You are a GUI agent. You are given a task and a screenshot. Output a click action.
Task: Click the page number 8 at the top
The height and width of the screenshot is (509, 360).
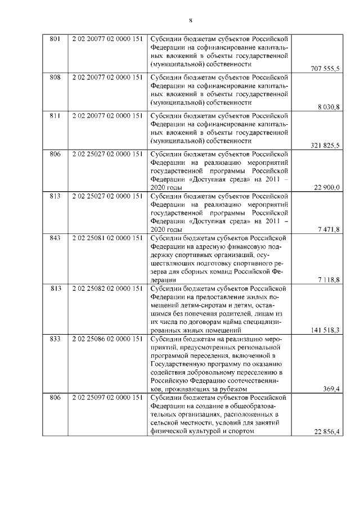pyautogui.click(x=191, y=21)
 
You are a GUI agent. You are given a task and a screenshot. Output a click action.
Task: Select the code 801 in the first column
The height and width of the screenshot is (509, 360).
pyautogui.click(x=55, y=39)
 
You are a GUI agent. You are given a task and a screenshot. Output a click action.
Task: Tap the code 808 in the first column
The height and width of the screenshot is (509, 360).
pyautogui.click(x=55, y=77)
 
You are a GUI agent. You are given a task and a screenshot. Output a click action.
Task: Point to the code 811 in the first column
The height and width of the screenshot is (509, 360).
pyautogui.click(x=55, y=115)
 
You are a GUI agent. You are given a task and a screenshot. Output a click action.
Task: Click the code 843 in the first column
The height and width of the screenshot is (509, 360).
pyautogui.click(x=55, y=238)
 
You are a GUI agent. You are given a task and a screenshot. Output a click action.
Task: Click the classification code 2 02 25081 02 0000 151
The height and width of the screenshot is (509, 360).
pyautogui.click(x=107, y=238)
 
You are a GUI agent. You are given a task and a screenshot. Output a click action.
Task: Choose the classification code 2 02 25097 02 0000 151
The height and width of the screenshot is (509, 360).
pyautogui.click(x=107, y=398)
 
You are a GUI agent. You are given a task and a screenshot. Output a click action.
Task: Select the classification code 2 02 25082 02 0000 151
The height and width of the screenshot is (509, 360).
pyautogui.click(x=107, y=289)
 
